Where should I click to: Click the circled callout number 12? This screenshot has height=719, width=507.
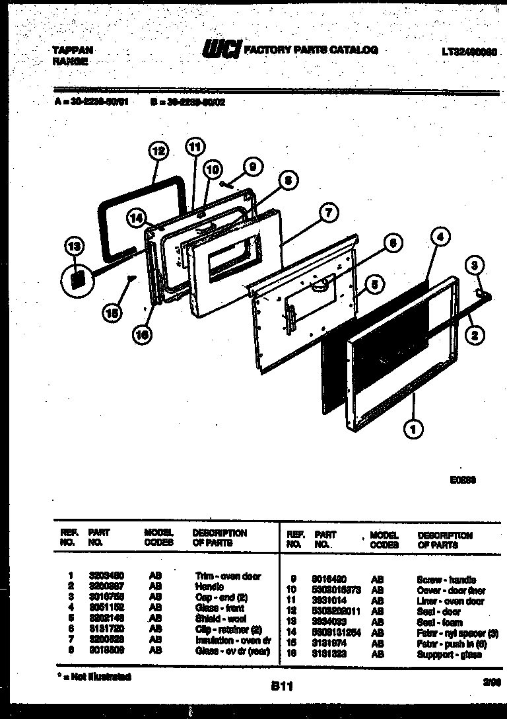point(157,151)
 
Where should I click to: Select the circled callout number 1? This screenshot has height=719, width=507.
point(413,432)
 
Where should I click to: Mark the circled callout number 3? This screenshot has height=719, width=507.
point(475,266)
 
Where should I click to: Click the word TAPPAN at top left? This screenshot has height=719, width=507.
point(72,50)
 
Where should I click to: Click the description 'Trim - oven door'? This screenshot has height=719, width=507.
point(228,576)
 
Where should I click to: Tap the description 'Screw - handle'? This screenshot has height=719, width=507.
point(446,580)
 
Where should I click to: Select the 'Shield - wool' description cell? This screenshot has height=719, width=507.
point(220,619)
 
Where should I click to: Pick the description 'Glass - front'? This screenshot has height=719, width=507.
point(220,608)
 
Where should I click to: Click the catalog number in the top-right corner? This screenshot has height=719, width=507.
point(470,52)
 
